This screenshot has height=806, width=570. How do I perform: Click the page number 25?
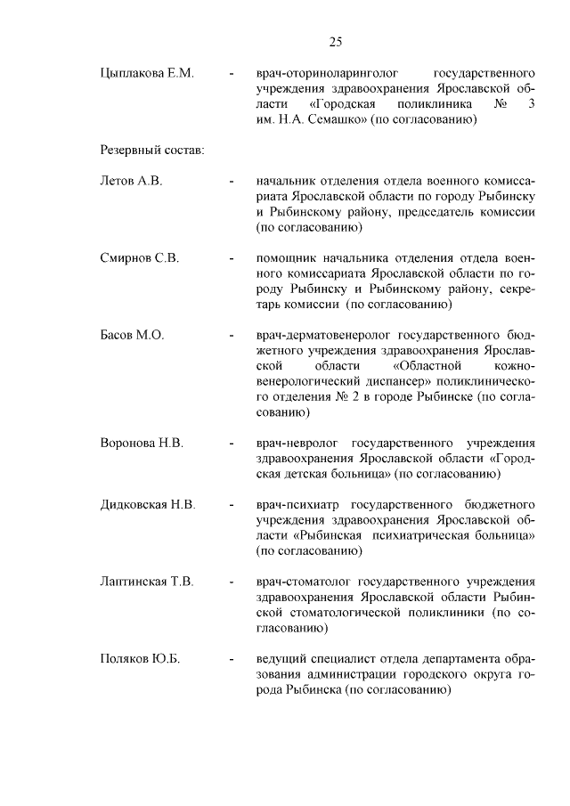pyautogui.click(x=335, y=41)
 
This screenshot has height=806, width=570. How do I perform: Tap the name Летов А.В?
pyautogui.click(x=131, y=181)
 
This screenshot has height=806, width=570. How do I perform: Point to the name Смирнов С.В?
pyautogui.click(x=140, y=258)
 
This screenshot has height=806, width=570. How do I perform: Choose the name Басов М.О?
pyautogui.click(x=132, y=336)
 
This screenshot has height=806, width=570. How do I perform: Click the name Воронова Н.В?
pyautogui.click(x=142, y=442)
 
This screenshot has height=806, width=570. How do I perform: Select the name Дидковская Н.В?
pyautogui.click(x=148, y=504)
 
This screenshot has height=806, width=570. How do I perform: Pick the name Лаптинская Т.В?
pyautogui.click(x=147, y=582)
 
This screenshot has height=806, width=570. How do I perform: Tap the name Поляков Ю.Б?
pyautogui.click(x=140, y=659)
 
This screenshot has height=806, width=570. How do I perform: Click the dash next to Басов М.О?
pyautogui.click(x=231, y=337)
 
